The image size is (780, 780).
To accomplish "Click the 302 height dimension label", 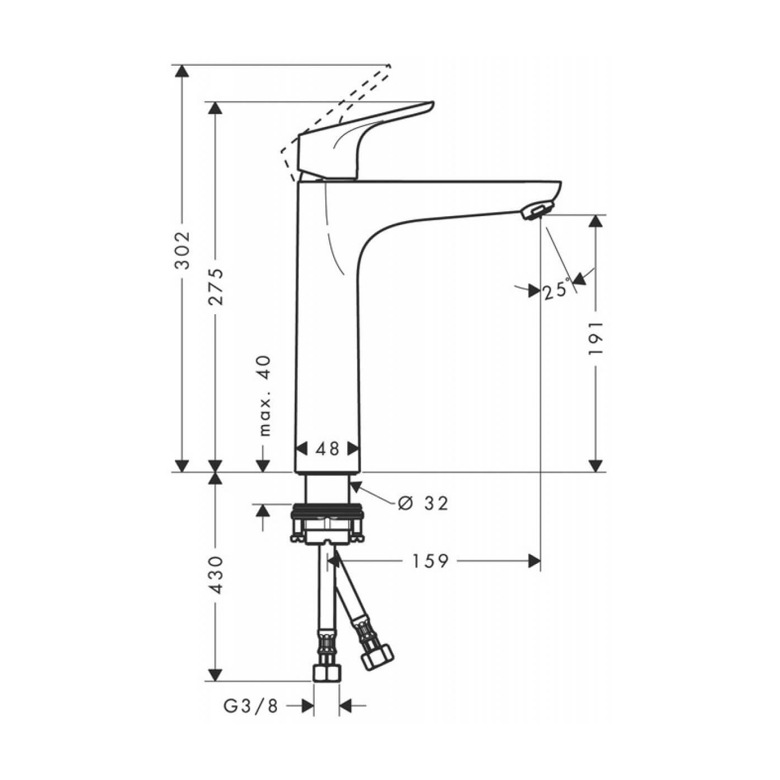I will [182, 250].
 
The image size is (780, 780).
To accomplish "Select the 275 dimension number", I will [215, 286].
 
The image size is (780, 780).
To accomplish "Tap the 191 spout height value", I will [596, 338].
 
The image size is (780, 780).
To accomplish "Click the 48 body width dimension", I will [327, 448].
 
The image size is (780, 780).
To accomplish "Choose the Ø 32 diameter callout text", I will [424, 503].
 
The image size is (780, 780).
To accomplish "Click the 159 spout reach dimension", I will [430, 561].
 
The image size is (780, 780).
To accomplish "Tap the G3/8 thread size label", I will [251, 706].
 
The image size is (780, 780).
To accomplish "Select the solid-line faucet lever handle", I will [357, 139].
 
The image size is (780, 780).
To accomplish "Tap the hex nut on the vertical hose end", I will [326, 672].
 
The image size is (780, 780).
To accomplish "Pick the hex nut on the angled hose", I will [377, 657].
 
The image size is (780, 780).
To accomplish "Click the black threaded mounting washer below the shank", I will [327, 509].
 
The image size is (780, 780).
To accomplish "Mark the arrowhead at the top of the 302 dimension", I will [182, 71].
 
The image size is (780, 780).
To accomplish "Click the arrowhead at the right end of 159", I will [534, 561].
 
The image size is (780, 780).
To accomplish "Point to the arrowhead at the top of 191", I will [596, 221].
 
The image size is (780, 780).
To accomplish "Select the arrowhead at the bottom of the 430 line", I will [215, 674].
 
